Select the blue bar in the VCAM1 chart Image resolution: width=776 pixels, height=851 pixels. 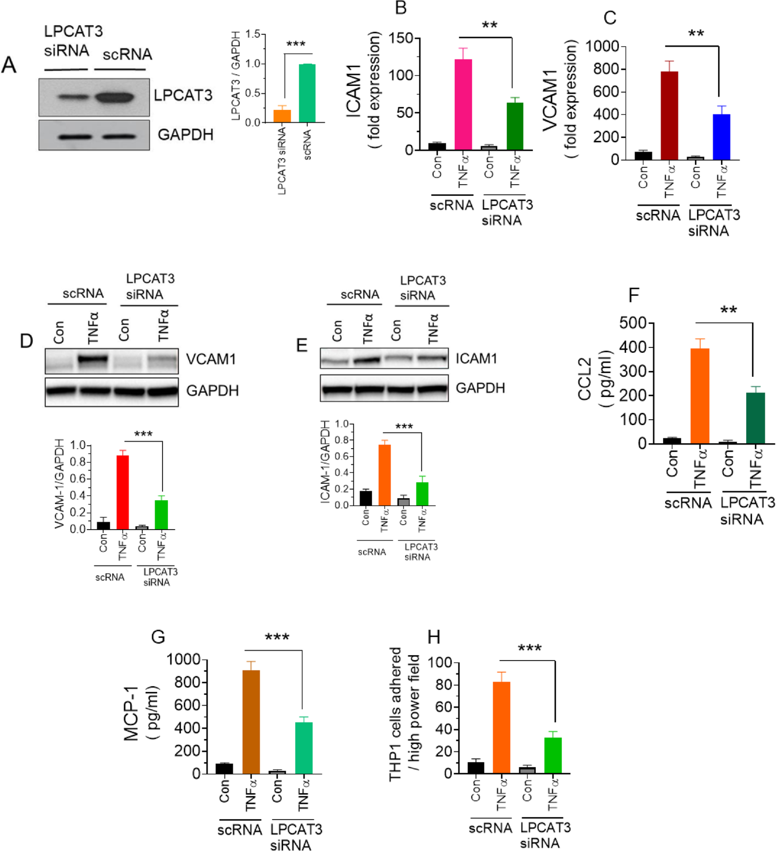pos(721,137)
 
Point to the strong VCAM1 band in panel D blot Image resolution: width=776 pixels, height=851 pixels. pos(92,359)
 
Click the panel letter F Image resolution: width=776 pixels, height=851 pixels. pos(633,295)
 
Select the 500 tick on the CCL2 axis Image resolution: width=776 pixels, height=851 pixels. pos(633,323)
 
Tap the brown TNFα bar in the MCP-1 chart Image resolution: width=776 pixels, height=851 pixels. pos(251,722)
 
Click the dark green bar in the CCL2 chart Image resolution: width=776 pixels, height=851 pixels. pos(755,418)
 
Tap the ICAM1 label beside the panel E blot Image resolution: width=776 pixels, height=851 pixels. pos(476,358)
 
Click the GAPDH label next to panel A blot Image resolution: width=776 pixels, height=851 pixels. pos(185,135)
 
